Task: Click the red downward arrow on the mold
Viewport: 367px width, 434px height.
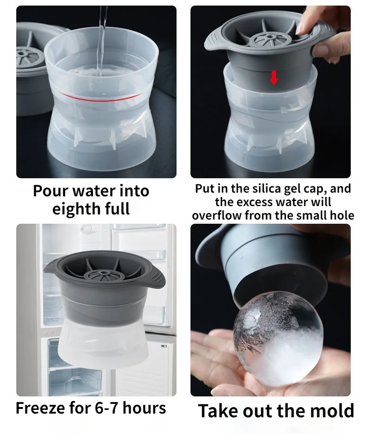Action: tap(274, 78)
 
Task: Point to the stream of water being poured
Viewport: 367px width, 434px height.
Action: tap(102, 28)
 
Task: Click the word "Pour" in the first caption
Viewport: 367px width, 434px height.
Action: tap(50, 191)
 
